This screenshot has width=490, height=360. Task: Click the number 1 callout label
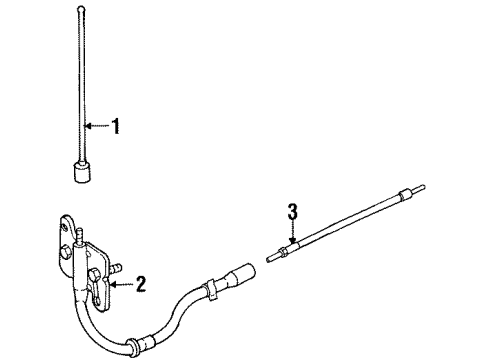117,127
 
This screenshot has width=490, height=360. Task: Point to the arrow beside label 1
97,126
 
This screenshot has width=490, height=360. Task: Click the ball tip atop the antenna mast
79,10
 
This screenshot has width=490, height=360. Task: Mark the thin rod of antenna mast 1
80,90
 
